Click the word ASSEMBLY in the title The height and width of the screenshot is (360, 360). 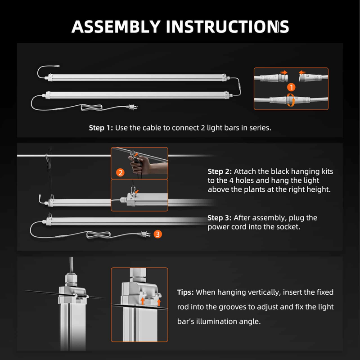tap(116, 27)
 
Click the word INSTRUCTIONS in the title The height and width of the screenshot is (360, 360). tap(227, 27)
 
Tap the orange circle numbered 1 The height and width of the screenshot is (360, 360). tap(291, 87)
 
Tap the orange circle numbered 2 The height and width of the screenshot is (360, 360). tap(120, 172)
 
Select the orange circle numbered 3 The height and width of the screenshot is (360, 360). tap(157, 234)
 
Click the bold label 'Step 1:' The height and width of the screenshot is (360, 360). tap(101, 128)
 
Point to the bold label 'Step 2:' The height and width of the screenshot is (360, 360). tap(220, 171)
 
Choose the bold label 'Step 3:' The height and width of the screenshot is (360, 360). tap(220, 218)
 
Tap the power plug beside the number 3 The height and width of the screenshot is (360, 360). tap(144, 234)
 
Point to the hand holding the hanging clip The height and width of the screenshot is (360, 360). tap(138, 167)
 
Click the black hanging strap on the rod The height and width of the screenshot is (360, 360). tap(47, 166)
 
